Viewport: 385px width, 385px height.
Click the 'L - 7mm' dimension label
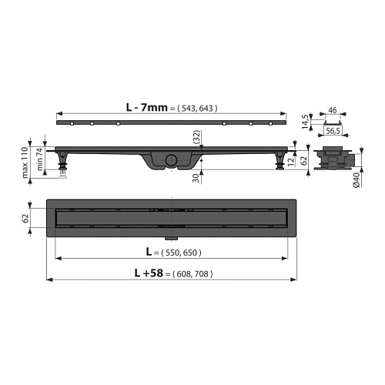click(146, 107)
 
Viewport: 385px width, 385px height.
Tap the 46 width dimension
click(333, 110)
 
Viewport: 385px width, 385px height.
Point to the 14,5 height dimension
click(305, 122)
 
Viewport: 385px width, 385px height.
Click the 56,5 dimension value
click(333, 131)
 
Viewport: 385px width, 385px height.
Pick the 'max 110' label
click(25, 162)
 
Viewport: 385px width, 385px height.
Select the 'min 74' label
click(40, 159)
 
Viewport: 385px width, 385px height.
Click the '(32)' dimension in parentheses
click(196, 137)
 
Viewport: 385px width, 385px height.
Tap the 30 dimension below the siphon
click(196, 178)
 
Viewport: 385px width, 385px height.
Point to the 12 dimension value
click(291, 162)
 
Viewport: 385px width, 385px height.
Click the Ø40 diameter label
click(357, 180)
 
